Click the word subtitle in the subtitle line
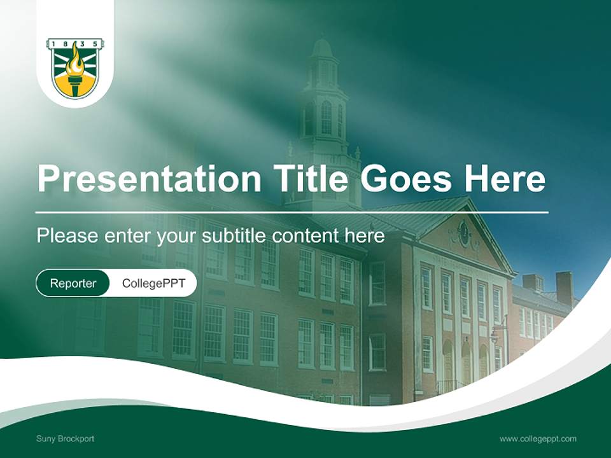[235, 236]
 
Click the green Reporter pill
[73, 283]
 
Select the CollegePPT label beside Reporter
[153, 283]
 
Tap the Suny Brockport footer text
[65, 438]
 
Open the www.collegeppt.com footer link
[538, 438]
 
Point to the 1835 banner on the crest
[75, 43]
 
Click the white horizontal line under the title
[291, 212]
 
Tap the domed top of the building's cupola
[322, 47]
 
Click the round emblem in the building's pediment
[464, 233]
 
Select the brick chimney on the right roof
[564, 288]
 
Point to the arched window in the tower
[327, 117]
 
